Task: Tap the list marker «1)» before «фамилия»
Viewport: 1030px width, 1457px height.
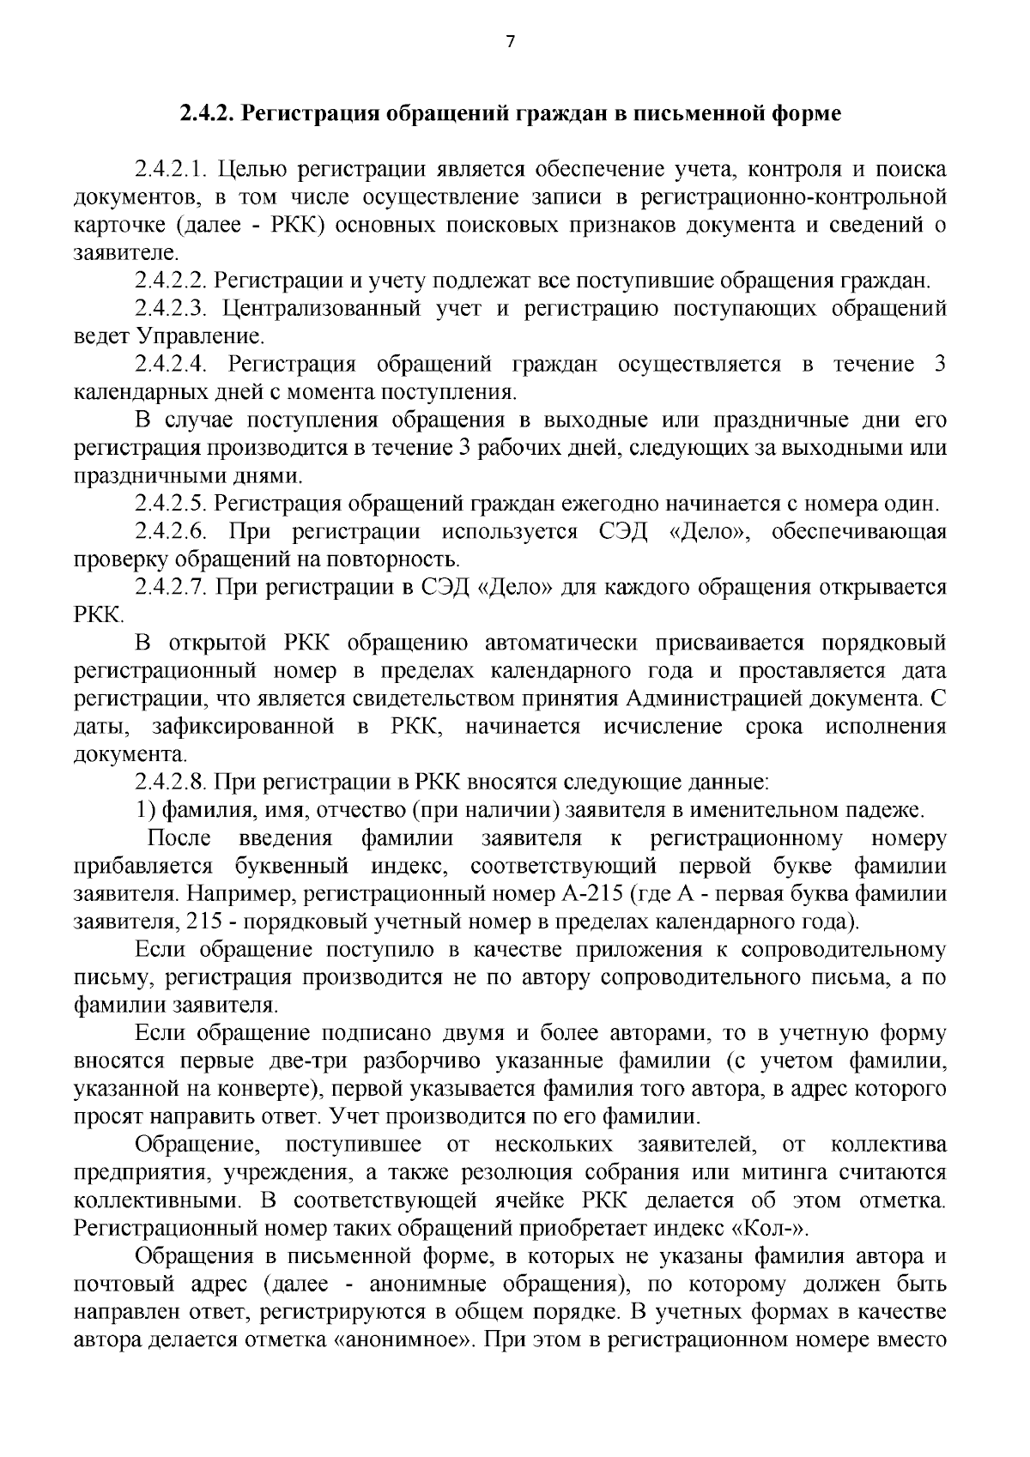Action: click(x=147, y=810)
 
